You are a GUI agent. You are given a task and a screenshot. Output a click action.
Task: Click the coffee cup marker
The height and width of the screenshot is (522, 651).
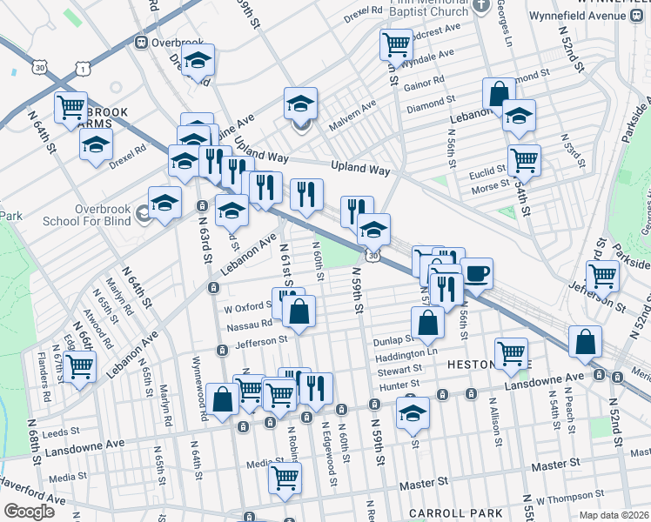476,273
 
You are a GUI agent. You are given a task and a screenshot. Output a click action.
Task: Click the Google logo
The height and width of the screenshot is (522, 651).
29,511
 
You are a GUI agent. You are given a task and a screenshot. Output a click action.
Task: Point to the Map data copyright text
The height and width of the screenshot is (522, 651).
614,515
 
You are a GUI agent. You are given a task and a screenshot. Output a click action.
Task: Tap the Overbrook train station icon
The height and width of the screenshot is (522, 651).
140,42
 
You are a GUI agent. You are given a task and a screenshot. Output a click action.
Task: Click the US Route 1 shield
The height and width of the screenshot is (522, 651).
82,67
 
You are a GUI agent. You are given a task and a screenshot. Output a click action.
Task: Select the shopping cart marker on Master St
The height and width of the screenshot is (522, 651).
285,478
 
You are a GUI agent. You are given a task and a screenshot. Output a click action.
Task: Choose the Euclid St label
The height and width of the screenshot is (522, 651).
488,171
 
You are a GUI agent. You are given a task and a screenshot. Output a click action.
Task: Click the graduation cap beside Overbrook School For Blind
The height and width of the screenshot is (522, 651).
164,204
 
